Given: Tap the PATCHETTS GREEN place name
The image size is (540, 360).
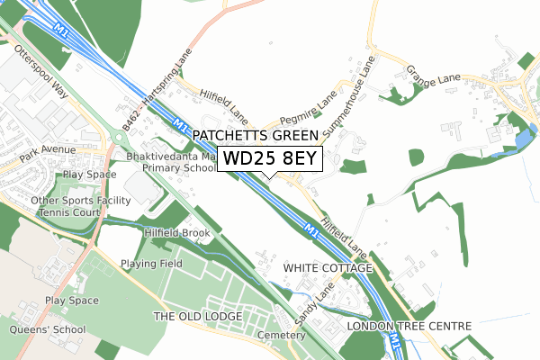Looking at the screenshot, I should pyautogui.click(x=256, y=136).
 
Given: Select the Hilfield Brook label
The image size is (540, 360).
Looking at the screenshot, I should pyautogui.click(x=177, y=233).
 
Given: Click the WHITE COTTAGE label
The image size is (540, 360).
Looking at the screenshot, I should pyautogui.click(x=327, y=268).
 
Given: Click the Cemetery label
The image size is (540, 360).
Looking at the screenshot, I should pyautogui.click(x=275, y=334).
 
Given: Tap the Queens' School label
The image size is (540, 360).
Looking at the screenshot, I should pyautogui.click(x=47, y=329).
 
